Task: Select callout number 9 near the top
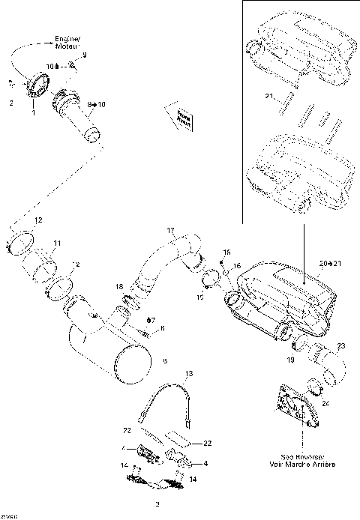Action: click(84, 55)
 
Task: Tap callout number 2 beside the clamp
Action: click(11, 103)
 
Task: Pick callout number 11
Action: click(57, 244)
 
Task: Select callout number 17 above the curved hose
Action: click(170, 230)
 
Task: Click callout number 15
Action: click(228, 253)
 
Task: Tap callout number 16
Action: click(236, 266)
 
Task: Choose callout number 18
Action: click(119, 287)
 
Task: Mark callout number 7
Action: click(152, 320)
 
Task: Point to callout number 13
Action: click(189, 373)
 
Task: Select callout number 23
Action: click(341, 345)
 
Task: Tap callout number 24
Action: click(325, 402)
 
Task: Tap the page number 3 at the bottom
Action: click(157, 503)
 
